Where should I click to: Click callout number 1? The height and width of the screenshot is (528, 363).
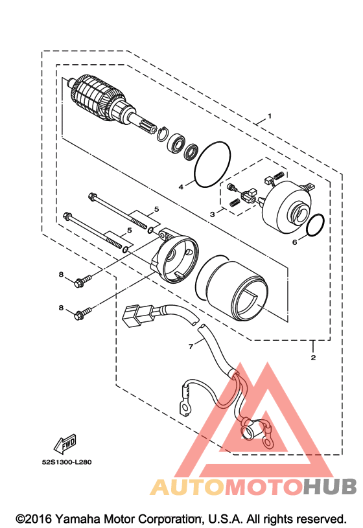click(x=270, y=116)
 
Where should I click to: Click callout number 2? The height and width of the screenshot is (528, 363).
click(x=313, y=357)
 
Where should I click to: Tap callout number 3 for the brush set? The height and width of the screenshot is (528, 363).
click(x=212, y=214)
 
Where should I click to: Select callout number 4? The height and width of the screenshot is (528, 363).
click(x=181, y=187)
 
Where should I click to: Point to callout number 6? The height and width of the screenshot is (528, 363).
click(x=294, y=242)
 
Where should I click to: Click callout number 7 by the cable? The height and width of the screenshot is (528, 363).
click(x=191, y=346)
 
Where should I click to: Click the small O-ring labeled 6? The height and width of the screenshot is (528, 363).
click(x=316, y=225)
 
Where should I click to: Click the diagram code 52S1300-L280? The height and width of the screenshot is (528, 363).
click(x=67, y=462)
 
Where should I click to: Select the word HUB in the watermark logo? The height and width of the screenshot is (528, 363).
click(x=330, y=487)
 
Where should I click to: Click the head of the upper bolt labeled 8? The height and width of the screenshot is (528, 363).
click(x=79, y=283)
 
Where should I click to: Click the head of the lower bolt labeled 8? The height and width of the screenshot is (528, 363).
click(x=78, y=316)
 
